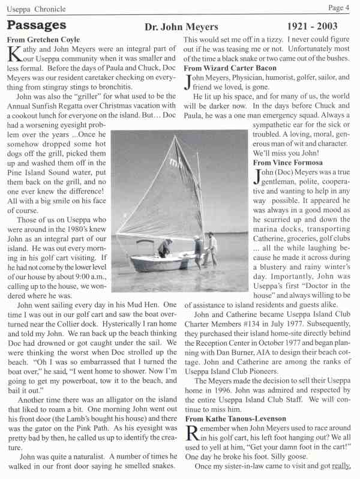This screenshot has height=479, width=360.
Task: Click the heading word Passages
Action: click(x=36, y=25)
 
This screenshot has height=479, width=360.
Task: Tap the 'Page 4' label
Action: click(x=340, y=8)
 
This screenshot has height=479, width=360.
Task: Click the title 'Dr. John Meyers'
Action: click(x=182, y=28)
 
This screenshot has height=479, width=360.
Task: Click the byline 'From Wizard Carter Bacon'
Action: click(x=226, y=68)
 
